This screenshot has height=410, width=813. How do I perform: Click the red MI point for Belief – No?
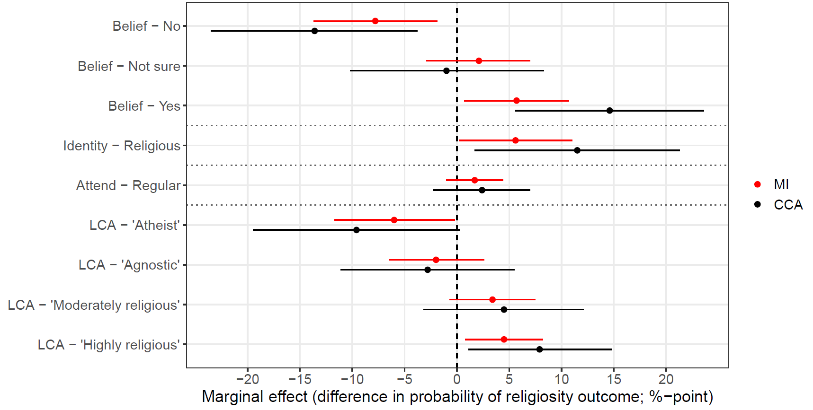click(x=375, y=21)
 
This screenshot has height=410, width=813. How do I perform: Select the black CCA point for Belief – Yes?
click(x=609, y=111)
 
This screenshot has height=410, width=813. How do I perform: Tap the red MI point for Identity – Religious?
click(x=515, y=140)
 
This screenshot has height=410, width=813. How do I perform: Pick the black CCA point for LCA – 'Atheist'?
click(x=356, y=230)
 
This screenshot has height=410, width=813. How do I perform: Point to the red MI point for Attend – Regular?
click(x=474, y=180)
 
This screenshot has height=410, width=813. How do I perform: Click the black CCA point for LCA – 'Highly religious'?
click(x=539, y=349)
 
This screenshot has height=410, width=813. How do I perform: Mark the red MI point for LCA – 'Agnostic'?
click(x=436, y=260)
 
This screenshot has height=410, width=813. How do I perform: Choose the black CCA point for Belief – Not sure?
click(x=446, y=71)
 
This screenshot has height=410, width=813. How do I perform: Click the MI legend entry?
click(x=781, y=184)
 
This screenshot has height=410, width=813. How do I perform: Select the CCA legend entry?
click(x=787, y=205)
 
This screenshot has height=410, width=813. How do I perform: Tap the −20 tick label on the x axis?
click(x=247, y=379)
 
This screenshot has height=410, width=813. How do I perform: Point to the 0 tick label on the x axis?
click(x=456, y=379)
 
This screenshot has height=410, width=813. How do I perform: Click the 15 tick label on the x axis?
click(x=614, y=379)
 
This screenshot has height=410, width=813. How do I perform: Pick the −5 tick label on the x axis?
click(x=404, y=379)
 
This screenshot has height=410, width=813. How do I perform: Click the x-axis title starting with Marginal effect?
click(x=457, y=397)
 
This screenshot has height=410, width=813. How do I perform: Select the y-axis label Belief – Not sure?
click(x=129, y=66)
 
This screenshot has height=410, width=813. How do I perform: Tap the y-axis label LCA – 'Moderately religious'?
click(x=94, y=305)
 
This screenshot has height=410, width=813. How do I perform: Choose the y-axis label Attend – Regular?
click(x=128, y=185)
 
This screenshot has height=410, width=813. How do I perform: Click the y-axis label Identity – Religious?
click(x=122, y=146)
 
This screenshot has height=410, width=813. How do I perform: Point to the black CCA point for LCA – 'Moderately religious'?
click(x=504, y=310)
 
